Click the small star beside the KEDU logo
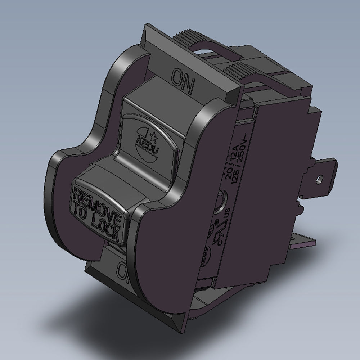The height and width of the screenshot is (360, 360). click(153, 135)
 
